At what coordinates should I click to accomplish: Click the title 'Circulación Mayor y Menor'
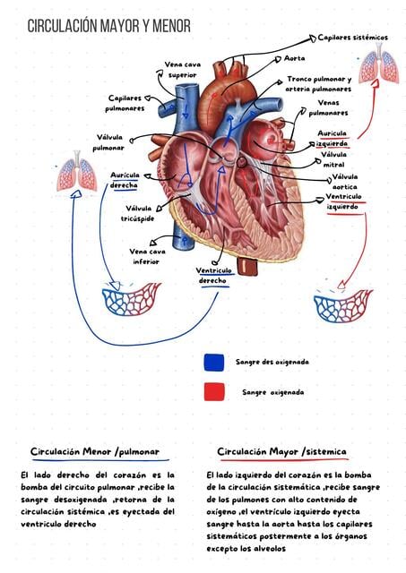[x=109, y=26]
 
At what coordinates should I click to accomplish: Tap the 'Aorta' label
[x=295, y=58]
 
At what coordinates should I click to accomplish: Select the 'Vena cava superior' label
[x=183, y=70]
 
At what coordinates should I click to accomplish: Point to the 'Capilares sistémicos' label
[x=352, y=38]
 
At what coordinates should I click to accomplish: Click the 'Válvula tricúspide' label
[x=137, y=213]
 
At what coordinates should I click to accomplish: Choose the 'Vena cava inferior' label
[x=147, y=257]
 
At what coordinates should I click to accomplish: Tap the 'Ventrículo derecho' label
[x=213, y=276]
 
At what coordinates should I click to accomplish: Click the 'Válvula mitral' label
[x=334, y=159]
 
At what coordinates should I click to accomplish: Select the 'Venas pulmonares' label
[x=328, y=107]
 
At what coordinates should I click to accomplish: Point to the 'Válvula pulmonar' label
[x=109, y=142]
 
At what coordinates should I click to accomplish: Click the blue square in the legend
[x=214, y=363]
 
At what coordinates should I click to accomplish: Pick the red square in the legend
[x=214, y=392]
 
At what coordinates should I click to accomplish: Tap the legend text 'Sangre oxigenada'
[x=272, y=392]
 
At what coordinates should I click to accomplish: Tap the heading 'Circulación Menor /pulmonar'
[x=95, y=451]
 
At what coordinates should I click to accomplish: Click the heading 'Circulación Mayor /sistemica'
[x=281, y=451]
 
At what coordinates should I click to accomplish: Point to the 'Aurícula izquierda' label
[x=333, y=139]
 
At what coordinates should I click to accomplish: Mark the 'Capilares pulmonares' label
[x=125, y=103]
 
